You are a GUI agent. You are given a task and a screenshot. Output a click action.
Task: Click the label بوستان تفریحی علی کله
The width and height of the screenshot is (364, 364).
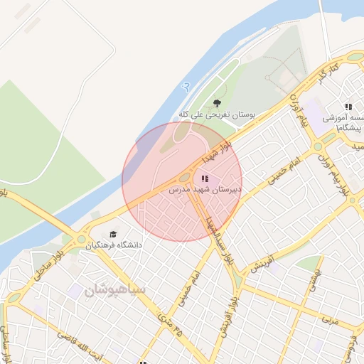[x=217, y=114]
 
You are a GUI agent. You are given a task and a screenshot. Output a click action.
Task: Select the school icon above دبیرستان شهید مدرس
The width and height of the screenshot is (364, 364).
[x=205, y=178]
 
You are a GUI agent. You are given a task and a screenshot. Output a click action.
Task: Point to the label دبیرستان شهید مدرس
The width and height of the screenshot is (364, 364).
[x=205, y=191]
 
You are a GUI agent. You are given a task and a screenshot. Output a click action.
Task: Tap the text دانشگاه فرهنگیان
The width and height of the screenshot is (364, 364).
[x=114, y=245]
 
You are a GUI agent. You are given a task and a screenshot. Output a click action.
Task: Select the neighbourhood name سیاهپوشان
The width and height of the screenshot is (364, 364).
[x=114, y=290]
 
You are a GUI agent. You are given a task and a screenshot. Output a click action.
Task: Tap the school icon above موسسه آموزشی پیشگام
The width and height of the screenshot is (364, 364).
[x=348, y=106]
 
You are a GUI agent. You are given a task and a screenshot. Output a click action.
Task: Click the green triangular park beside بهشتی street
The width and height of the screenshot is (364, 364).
[x=307, y=264]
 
